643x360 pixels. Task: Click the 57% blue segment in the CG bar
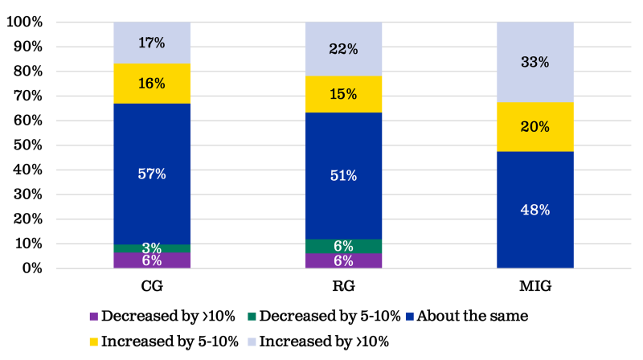152,174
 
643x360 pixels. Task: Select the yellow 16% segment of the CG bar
152,84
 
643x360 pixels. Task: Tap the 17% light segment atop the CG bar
152,43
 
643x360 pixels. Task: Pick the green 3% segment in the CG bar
152,247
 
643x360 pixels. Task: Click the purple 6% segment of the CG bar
152,260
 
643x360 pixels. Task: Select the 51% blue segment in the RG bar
343,175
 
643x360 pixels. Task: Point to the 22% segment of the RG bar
343,49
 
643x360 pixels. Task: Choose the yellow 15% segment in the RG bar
343,94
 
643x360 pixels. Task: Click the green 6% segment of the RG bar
343,247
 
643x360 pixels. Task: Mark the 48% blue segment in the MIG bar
534,209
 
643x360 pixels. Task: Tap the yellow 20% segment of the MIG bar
534,126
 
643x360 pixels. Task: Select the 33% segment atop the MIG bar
534,62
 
